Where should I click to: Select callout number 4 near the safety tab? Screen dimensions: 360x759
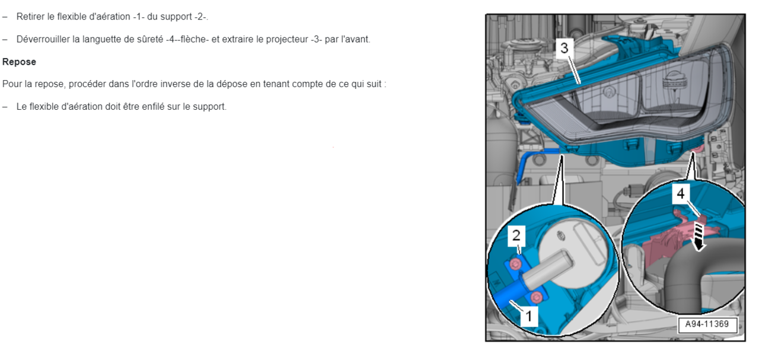coord(681,193)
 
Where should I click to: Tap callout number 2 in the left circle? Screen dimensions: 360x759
coord(516,235)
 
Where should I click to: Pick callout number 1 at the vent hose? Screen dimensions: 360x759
coord(529,317)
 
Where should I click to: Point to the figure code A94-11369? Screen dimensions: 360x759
coord(707,325)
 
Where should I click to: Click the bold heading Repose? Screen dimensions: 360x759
coord(19,62)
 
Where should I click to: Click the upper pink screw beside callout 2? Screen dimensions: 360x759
coord(516,263)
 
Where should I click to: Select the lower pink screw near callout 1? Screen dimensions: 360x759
coord(536,297)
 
